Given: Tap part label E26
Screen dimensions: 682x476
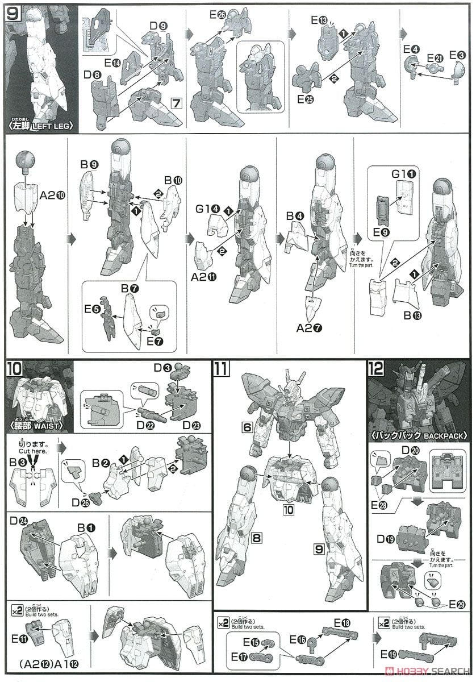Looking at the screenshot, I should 217,15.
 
